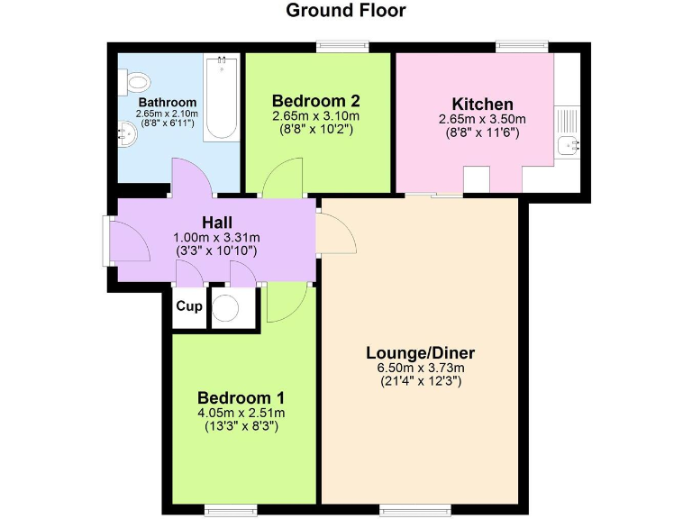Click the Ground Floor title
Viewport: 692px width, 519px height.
pyautogui.click(x=346, y=11)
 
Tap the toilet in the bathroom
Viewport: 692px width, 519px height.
pyautogui.click(x=136, y=83)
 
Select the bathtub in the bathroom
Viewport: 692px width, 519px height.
pyautogui.click(x=221, y=99)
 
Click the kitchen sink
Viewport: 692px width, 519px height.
pyautogui.click(x=568, y=145)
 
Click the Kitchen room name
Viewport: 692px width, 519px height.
pyautogui.click(x=482, y=105)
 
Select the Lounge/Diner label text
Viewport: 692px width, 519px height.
pyautogui.click(x=420, y=352)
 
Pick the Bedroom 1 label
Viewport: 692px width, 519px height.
pyautogui.click(x=241, y=397)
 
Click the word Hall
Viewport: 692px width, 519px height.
pyautogui.click(x=216, y=222)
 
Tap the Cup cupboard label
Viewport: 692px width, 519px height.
pyautogui.click(x=188, y=306)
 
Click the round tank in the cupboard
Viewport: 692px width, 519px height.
pyautogui.click(x=225, y=309)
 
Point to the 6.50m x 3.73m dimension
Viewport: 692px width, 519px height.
pyautogui.click(x=420, y=368)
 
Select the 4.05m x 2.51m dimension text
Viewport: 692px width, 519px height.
pyautogui.click(x=241, y=413)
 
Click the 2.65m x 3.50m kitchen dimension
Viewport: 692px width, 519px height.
pyautogui.click(x=482, y=119)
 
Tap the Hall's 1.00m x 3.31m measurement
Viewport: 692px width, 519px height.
pyautogui.click(x=216, y=237)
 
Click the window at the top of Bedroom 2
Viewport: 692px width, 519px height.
pyautogui.click(x=341, y=45)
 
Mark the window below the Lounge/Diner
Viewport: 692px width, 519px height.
pyautogui.click(x=405, y=510)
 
